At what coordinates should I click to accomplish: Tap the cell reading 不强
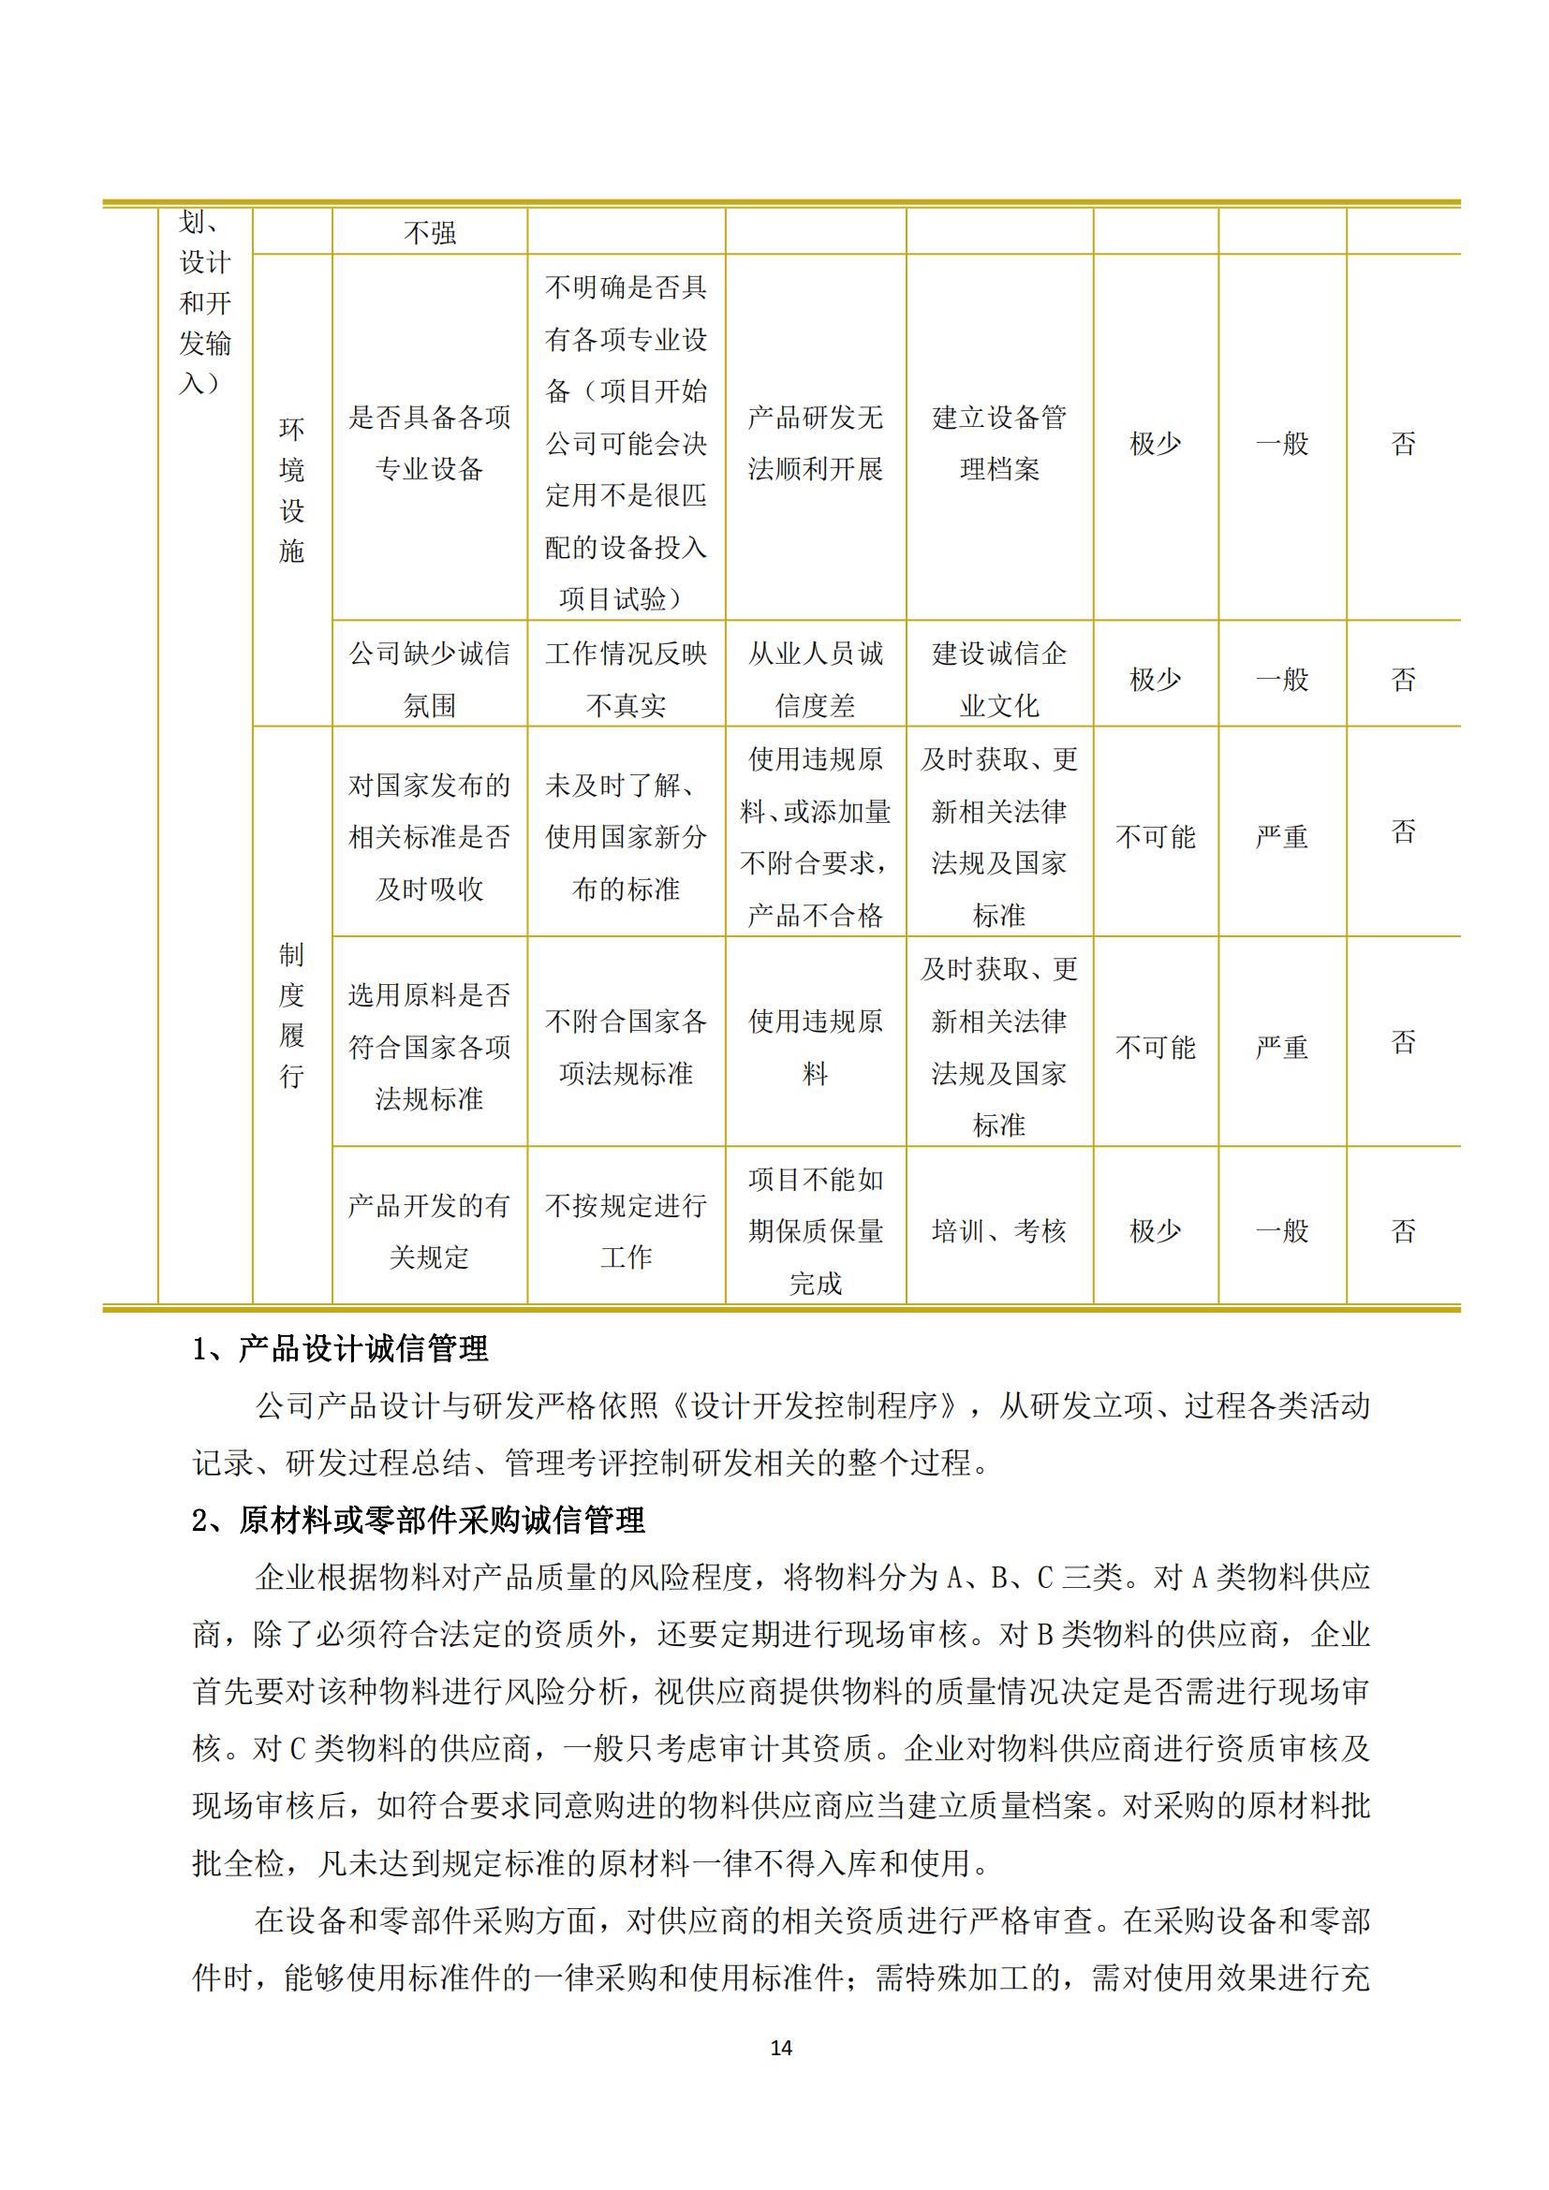429,233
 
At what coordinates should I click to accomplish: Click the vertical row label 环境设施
292,490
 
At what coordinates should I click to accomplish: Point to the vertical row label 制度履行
292,1015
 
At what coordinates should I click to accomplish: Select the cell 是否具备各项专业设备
429,443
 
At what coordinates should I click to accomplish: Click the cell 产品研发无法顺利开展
815,443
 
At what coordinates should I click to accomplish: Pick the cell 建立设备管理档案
998,443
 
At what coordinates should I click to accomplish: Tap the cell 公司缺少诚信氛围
429,678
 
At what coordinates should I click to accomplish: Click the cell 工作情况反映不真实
626,678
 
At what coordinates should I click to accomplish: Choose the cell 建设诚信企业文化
998,678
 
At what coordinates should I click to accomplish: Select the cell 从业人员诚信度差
815,678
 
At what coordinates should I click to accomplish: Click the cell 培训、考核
998,1230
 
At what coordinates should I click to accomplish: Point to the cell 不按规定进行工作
626,1230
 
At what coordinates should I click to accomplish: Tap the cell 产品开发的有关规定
429,1230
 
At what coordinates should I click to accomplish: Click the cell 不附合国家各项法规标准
626,1048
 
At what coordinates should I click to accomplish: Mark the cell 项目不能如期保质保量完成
815,1230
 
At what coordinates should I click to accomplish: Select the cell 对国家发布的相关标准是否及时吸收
429,836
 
